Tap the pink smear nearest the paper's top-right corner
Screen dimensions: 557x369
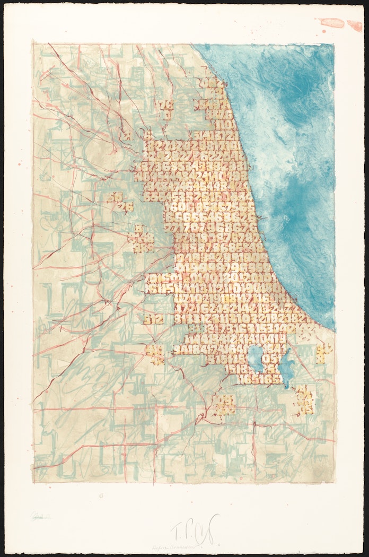pos(355,25)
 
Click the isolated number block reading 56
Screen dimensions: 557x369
pos(113,197)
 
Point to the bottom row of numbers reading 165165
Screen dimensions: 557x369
pos(258,379)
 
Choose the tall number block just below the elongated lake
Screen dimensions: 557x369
pos(304,401)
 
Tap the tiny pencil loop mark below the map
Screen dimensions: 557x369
pos(100,497)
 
